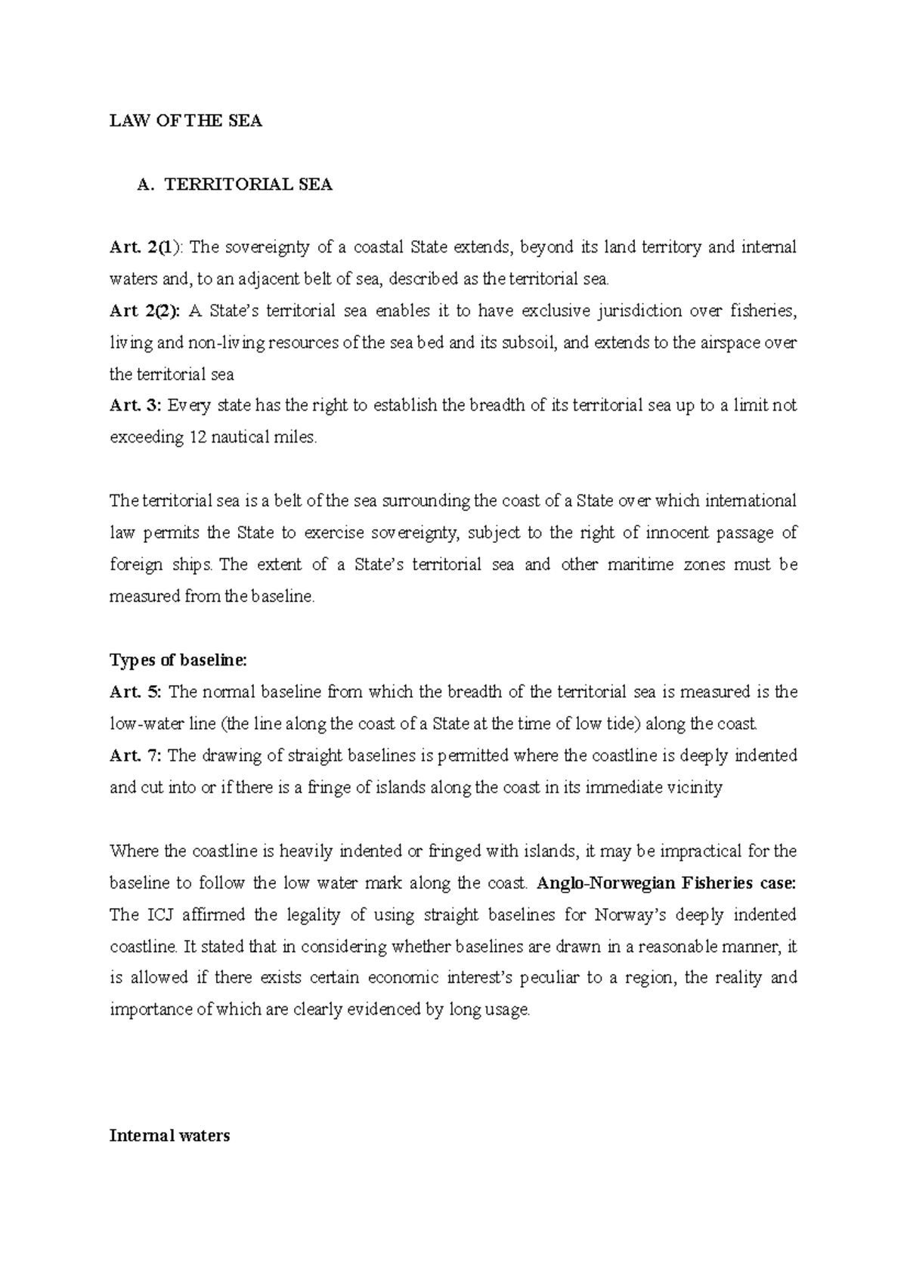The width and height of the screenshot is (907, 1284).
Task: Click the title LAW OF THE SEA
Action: click(x=185, y=121)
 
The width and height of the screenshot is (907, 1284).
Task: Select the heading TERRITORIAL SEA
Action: click(x=249, y=185)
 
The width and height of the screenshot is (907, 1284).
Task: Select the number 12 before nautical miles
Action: click(x=196, y=437)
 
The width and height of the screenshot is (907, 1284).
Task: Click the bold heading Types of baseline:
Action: click(x=178, y=660)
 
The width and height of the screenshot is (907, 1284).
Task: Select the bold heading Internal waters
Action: click(x=169, y=1136)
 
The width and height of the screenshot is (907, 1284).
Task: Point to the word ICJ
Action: click(x=160, y=915)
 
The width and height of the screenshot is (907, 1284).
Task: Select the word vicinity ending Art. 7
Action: click(x=695, y=787)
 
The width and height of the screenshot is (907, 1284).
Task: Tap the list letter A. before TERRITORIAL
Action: click(x=145, y=185)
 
